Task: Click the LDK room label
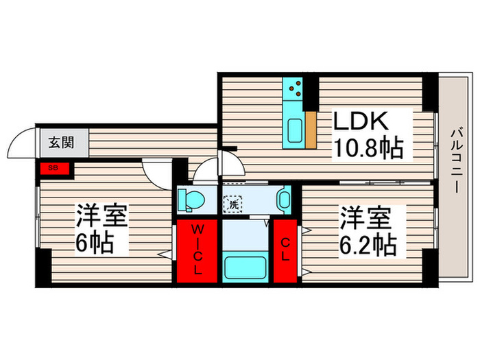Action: pyautogui.click(x=361, y=122)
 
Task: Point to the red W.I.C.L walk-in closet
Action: pyautogui.click(x=197, y=250)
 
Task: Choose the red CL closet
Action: pyautogui.click(x=287, y=250)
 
